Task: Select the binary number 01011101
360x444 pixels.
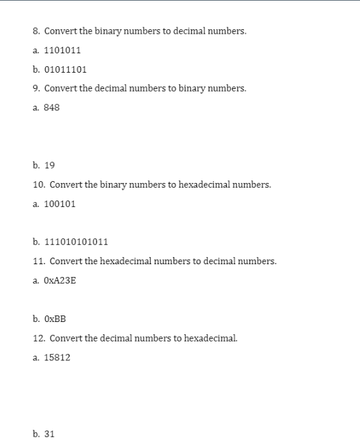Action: [x=65, y=69]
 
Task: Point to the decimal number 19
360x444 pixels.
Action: [x=49, y=166]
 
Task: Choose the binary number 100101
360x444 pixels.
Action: [x=59, y=204]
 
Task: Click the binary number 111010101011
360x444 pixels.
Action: [x=75, y=242]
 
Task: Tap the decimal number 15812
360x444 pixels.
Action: [x=57, y=357]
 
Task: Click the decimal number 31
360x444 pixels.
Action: [x=49, y=434]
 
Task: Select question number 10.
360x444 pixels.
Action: [x=38, y=185]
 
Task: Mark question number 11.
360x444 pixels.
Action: [x=38, y=262]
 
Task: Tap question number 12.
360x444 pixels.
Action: [x=38, y=338]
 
